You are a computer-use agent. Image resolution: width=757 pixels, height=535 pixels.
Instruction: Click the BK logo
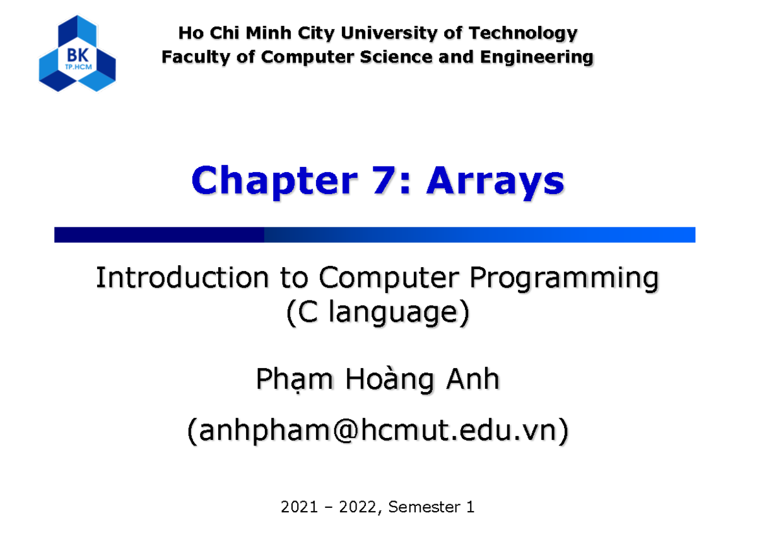pyautogui.click(x=77, y=54)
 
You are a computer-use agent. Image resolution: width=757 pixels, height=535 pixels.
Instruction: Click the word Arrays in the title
pyautogui.click(x=495, y=181)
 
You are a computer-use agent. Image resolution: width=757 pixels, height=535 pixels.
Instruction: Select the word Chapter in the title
pyautogui.click(x=273, y=181)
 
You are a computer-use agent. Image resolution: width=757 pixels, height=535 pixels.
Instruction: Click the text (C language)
pyautogui.click(x=378, y=313)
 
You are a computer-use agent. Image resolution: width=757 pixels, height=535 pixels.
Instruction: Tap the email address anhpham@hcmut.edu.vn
pyautogui.click(x=378, y=432)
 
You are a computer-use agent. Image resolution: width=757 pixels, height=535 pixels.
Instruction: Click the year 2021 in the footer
pyautogui.click(x=297, y=506)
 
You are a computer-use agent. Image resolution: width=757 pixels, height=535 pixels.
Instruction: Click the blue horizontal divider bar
pyautogui.click(x=375, y=235)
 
